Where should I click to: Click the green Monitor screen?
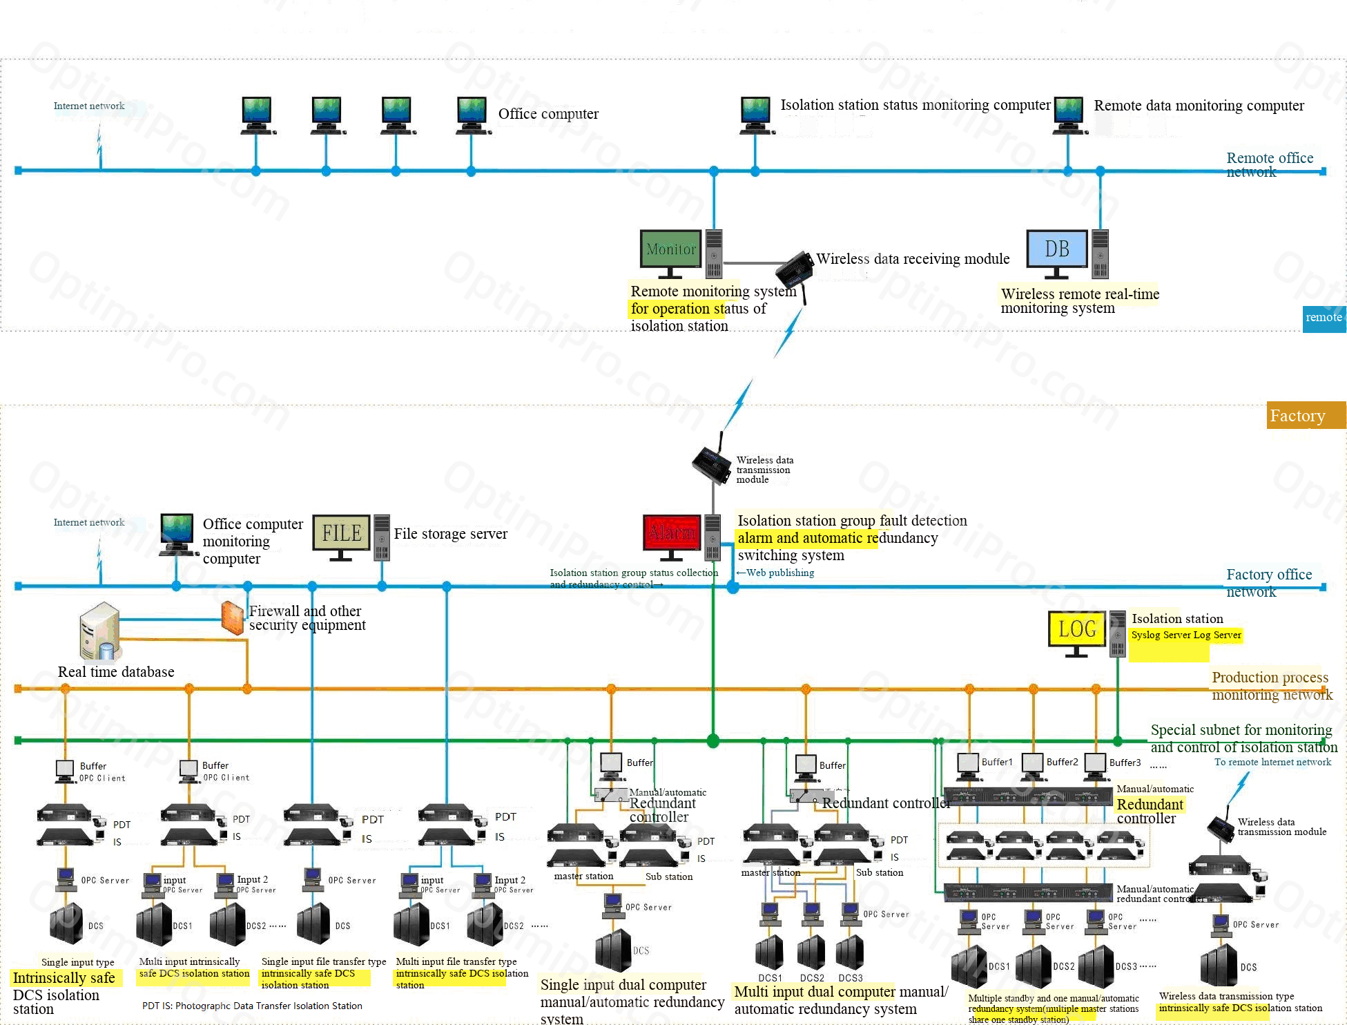[670, 249]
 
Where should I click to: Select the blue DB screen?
[1056, 249]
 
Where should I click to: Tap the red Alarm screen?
[672, 533]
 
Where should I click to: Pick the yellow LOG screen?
[1076, 629]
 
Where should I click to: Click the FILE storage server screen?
[341, 533]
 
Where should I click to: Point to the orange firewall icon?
[232, 617]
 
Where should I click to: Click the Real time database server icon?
[99, 631]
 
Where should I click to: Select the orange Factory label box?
[1305, 415]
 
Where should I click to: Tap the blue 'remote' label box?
[1324, 318]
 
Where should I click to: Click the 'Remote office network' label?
[1269, 164]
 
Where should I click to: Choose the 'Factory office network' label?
[1268, 582]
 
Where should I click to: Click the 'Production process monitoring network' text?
[1271, 685]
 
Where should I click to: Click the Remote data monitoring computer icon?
[1069, 114]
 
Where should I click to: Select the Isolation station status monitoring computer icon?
[755, 115]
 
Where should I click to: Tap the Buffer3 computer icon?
[1095, 764]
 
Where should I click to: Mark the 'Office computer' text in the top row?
[548, 114]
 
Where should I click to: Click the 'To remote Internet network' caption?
[1272, 762]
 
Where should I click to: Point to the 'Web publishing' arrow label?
[775, 573]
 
